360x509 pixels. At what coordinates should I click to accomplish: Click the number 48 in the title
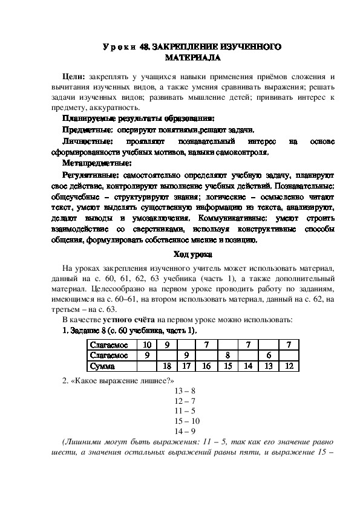(145, 47)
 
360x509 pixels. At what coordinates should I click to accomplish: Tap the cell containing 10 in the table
(146, 345)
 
